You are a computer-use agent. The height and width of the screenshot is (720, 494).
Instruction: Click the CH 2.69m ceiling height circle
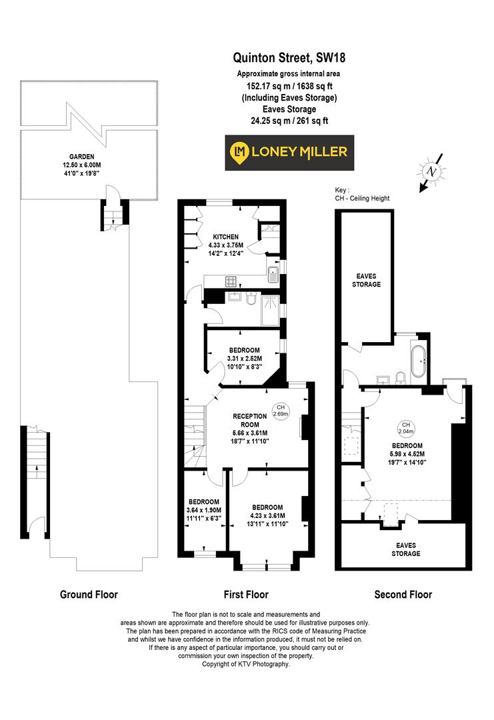coord(280,410)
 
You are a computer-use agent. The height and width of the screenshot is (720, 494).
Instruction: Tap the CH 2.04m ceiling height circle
coord(405,428)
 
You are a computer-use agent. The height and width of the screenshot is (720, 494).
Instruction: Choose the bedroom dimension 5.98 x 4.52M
coord(407,454)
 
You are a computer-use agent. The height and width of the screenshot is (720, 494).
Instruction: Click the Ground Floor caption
coord(89,595)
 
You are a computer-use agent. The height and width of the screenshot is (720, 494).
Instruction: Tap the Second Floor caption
coord(403,595)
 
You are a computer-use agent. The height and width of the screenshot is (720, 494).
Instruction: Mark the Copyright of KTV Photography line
coord(246,665)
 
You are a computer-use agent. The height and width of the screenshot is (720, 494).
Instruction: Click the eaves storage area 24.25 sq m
coord(289,121)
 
